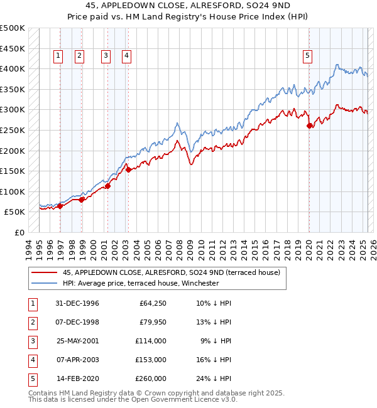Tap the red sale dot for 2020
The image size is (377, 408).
click(x=309, y=126)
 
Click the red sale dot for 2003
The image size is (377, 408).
click(x=128, y=169)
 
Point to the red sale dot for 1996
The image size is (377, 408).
click(x=60, y=205)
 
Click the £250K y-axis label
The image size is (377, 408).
click(x=13, y=131)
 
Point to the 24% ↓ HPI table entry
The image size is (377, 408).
click(x=214, y=378)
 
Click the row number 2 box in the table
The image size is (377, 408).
click(x=32, y=322)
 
